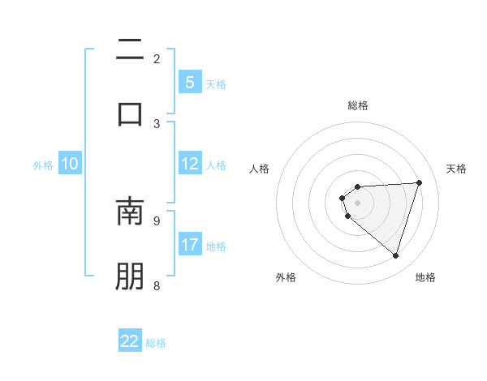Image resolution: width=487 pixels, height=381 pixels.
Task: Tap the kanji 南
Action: tap(130, 212)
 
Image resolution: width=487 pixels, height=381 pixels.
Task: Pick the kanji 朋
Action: tap(130, 276)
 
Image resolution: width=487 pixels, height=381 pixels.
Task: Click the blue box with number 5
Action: tap(189, 83)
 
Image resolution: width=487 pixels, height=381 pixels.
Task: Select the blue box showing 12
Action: tap(189, 165)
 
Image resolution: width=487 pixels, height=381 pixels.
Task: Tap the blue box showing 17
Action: tap(189, 245)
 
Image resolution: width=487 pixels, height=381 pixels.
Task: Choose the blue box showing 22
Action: tap(130, 341)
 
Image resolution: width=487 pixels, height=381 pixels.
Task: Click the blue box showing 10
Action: tap(70, 165)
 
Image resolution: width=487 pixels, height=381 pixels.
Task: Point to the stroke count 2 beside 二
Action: tap(157, 59)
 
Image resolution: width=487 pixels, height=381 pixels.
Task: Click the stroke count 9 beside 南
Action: tap(157, 220)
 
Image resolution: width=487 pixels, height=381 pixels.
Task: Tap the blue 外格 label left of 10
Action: tap(43, 165)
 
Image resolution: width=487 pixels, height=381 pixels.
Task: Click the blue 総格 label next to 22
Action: tap(156, 342)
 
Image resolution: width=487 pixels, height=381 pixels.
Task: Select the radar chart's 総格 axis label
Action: tap(357, 105)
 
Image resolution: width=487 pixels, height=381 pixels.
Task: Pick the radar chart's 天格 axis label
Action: tap(457, 169)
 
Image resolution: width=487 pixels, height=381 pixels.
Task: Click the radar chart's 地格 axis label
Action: tap(425, 278)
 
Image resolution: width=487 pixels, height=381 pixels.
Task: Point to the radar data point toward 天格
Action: tap(419, 182)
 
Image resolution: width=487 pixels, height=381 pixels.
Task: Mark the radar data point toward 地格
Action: tap(395, 255)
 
